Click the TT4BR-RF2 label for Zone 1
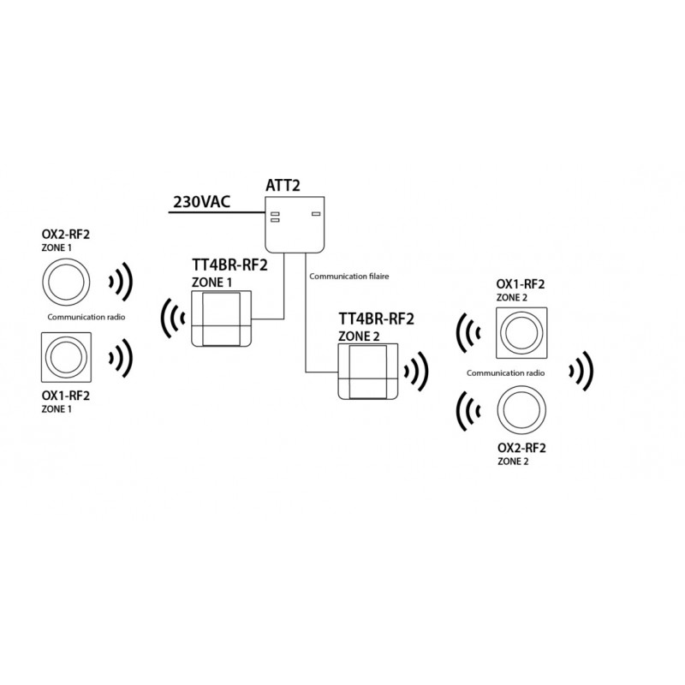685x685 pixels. (228, 265)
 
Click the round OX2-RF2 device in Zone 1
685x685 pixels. (65, 281)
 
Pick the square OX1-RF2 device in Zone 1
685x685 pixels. (65, 356)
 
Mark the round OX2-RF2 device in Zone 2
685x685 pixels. (521, 410)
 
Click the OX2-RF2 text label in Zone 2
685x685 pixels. (521, 448)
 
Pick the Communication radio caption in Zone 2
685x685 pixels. (505, 373)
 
